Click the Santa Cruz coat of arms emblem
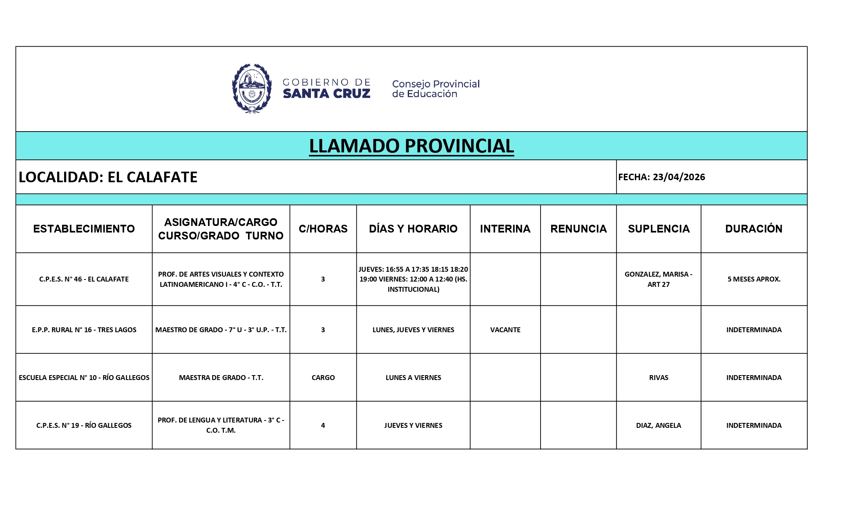coord(252,88)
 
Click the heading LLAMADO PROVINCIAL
coord(411,146)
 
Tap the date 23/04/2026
coord(679,177)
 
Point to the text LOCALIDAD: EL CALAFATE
coord(108,177)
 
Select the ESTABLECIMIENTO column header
coord(84,229)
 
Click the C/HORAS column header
coord(323,229)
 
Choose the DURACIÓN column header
coord(753,229)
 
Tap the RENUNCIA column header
coord(578,229)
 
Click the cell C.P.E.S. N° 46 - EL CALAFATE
coord(84,279)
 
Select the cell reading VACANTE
coord(505,330)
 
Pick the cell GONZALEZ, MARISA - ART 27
coord(658,279)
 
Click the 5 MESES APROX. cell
coord(753,279)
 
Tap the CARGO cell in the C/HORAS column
coord(323,378)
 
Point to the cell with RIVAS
coord(658,378)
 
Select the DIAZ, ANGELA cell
coord(658,425)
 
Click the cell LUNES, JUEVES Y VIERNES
coord(413,330)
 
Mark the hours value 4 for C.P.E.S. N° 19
coord(323,425)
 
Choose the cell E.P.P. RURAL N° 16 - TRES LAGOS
coord(84,330)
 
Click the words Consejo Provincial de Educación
coord(436,89)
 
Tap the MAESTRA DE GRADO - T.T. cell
coord(221,378)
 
